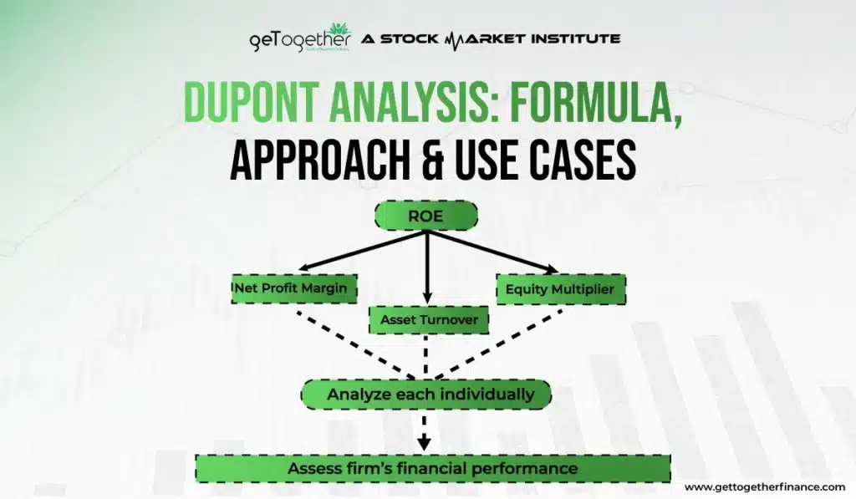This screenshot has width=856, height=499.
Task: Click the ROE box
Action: click(x=425, y=216)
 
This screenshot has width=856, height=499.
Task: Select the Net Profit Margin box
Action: click(x=294, y=288)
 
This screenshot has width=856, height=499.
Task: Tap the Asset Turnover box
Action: click(x=429, y=320)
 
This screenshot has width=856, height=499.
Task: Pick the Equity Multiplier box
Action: click(x=561, y=289)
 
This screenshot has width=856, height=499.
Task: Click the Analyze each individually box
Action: click(x=425, y=395)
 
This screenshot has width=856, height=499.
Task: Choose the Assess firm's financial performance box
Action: click(x=433, y=468)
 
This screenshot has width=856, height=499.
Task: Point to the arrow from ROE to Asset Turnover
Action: click(x=427, y=267)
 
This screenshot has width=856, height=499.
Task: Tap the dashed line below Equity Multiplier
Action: click(x=498, y=344)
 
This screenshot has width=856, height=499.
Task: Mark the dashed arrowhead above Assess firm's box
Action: click(x=424, y=443)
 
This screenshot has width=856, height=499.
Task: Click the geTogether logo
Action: click(x=300, y=38)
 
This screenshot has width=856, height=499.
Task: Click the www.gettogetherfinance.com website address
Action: click(x=765, y=487)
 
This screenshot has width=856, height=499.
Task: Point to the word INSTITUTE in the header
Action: click(x=576, y=38)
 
